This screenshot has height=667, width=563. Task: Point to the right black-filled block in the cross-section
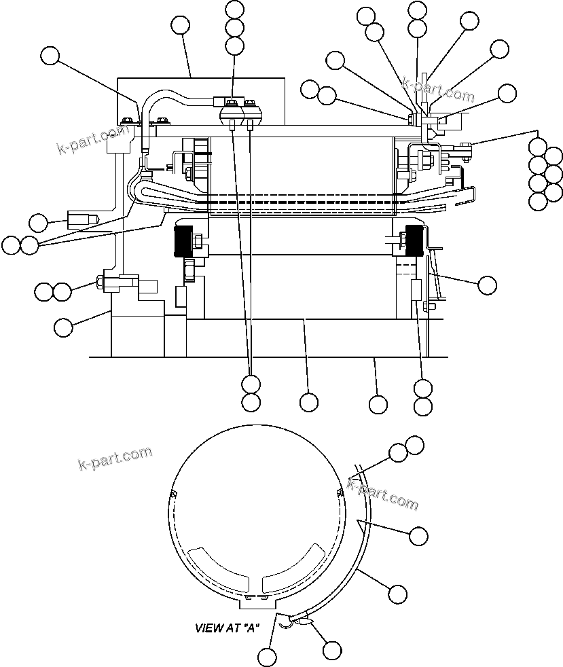point(414,241)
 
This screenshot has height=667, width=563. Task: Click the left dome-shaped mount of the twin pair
point(232,112)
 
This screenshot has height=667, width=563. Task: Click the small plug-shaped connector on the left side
point(81,219)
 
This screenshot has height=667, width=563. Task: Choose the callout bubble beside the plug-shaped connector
point(39,222)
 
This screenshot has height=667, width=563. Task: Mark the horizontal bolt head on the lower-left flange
point(107,282)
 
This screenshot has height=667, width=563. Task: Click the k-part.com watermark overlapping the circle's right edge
point(383,494)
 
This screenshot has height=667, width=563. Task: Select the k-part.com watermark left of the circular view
point(115,458)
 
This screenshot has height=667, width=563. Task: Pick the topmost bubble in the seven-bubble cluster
point(538,146)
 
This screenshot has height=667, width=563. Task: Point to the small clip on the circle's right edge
point(339,491)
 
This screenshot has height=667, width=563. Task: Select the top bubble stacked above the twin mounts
point(234,9)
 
